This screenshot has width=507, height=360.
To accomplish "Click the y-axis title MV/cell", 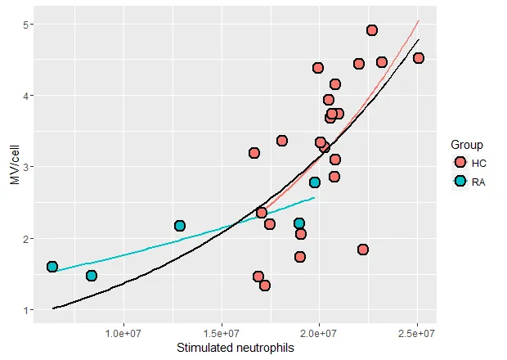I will (14, 168).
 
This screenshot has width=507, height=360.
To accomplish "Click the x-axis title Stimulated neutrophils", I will (236, 348).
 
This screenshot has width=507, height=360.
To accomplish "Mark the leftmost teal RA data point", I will (52, 267).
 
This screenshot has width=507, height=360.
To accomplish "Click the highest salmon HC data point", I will (372, 30).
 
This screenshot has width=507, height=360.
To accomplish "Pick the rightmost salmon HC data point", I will (419, 58).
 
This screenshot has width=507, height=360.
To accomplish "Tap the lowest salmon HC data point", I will (265, 286).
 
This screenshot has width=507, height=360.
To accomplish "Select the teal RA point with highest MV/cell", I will (315, 182).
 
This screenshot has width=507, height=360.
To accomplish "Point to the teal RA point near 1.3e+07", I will (180, 225).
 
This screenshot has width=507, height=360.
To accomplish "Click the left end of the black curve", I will (53, 308).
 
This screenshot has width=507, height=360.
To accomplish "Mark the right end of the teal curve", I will (314, 197).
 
